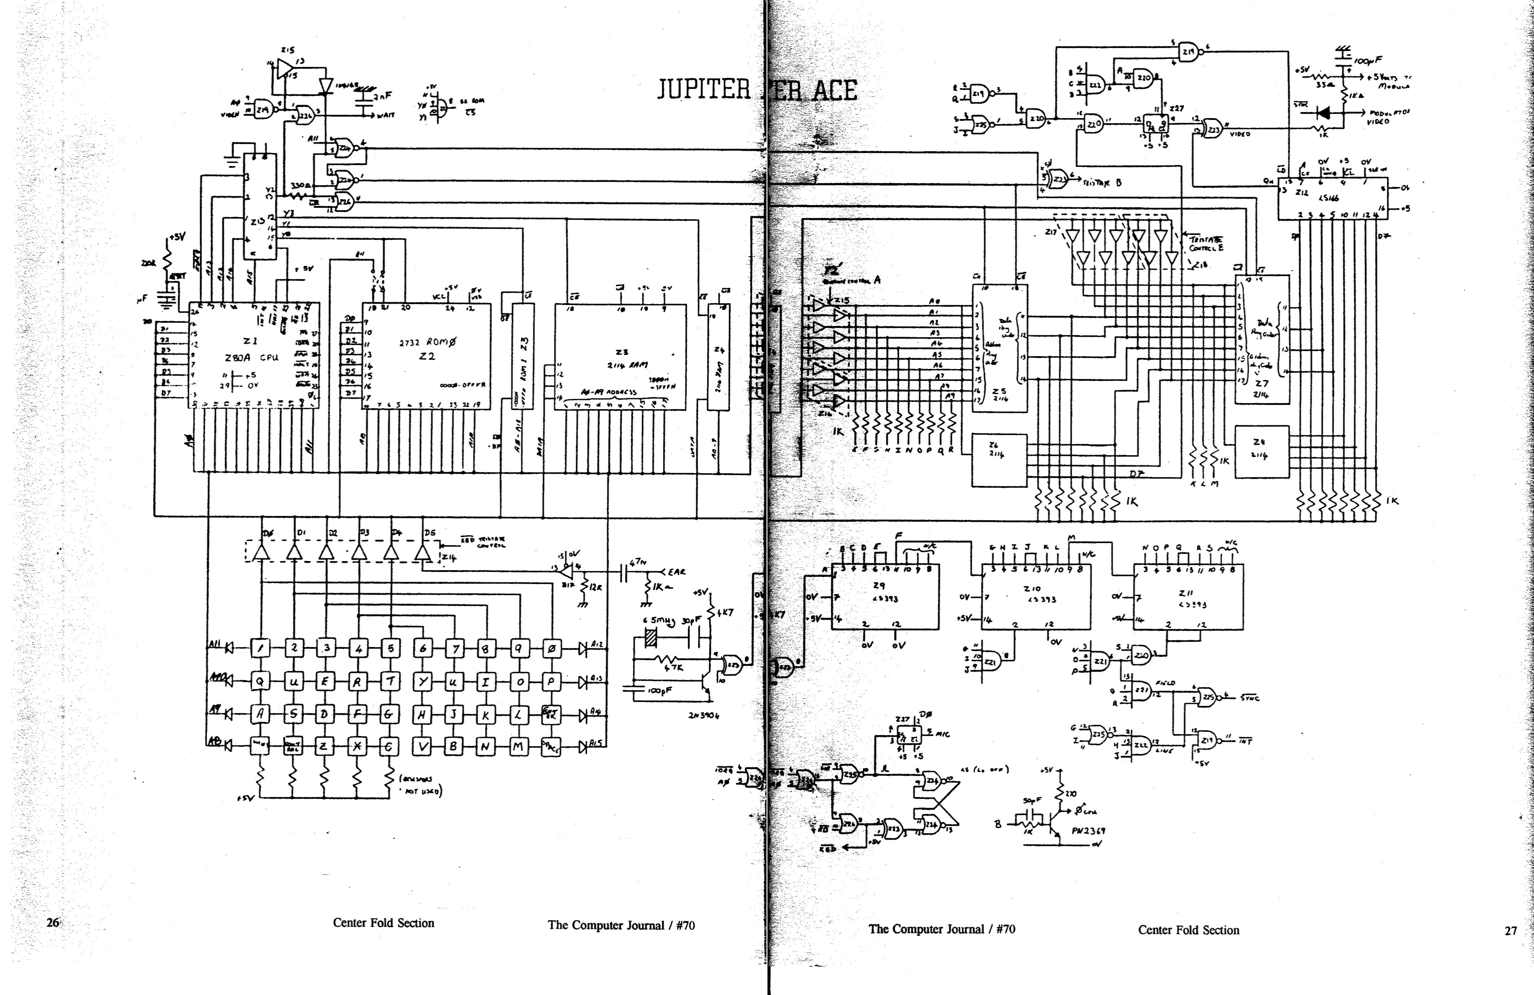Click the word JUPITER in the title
[x=704, y=90]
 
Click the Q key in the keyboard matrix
[x=260, y=681]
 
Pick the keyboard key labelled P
[x=551, y=681]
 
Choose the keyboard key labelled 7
[x=455, y=648]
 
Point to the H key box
[x=422, y=714]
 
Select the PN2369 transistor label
[x=1088, y=831]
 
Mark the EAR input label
[x=677, y=571]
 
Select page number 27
[x=1511, y=930]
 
